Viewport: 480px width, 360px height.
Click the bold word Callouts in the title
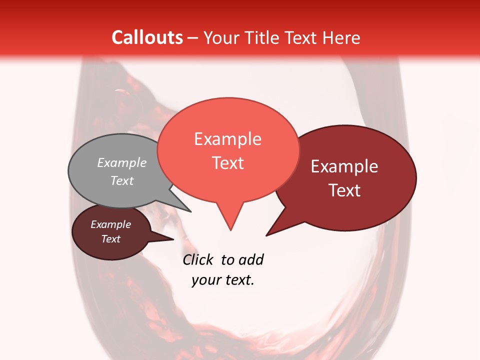coord(147,37)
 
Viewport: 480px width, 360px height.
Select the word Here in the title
coord(341,37)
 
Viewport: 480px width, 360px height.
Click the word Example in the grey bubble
coord(122,162)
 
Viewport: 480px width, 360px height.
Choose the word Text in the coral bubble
coord(228,163)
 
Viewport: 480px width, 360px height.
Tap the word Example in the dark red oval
coord(344,166)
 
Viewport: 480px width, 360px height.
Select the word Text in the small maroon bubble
coord(111,239)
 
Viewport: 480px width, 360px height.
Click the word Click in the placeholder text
coord(197,259)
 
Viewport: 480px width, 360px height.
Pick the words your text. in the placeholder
coord(223,280)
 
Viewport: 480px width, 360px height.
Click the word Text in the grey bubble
coord(122,180)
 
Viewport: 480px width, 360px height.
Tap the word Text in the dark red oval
coord(344,190)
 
